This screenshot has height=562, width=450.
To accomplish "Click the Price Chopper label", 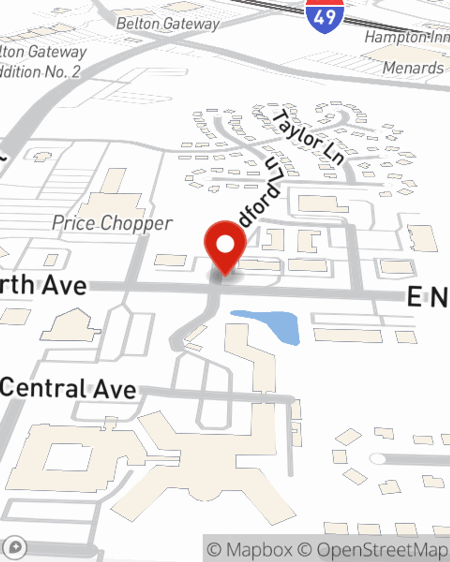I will pyautogui.click(x=112, y=223).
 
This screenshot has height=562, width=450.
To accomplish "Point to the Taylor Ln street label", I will pyautogui.click(x=309, y=137).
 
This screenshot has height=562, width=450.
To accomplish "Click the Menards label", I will pyautogui.click(x=413, y=68).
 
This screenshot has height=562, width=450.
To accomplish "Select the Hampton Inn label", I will pyautogui.click(x=407, y=37).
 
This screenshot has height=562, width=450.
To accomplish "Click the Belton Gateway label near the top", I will pyautogui.click(x=168, y=23).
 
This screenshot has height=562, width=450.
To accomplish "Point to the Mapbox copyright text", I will pyautogui.click(x=250, y=549).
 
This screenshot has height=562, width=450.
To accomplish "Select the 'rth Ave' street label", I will pyautogui.click(x=43, y=285).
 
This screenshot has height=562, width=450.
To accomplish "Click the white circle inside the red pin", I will pyautogui.click(x=225, y=244).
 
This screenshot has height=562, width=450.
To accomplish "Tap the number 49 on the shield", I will pyautogui.click(x=324, y=17).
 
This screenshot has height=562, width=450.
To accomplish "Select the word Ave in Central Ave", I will pyautogui.click(x=115, y=389).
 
